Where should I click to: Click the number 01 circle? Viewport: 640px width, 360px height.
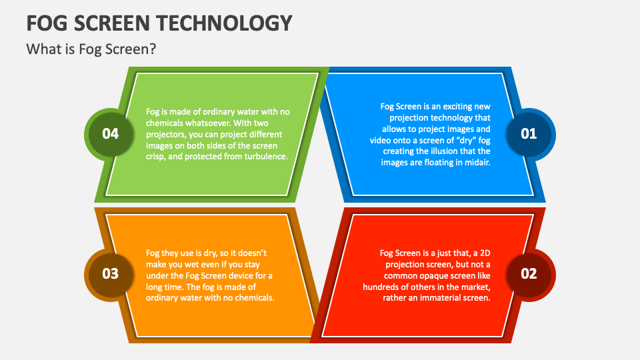(529, 134)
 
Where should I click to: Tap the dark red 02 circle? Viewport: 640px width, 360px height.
(529, 274)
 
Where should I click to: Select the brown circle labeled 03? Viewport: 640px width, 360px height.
(111, 274)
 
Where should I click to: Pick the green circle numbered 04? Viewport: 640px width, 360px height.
(111, 134)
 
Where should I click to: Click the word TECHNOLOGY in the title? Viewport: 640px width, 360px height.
(225, 23)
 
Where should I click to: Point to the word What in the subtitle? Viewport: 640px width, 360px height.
(43, 49)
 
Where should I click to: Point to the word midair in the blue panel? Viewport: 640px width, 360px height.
(478, 163)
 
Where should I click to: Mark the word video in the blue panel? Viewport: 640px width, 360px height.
(380, 141)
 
